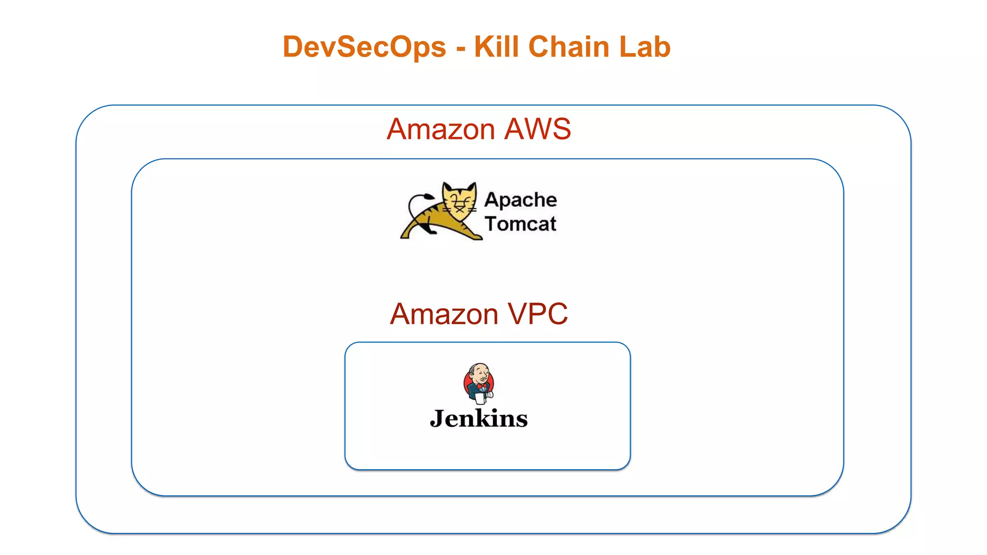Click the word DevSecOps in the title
[364, 47]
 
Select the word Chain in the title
[569, 47]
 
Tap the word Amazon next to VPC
[444, 314]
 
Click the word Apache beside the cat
[520, 200]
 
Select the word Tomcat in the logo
[520, 224]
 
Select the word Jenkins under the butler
[479, 418]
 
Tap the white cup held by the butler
[480, 398]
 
